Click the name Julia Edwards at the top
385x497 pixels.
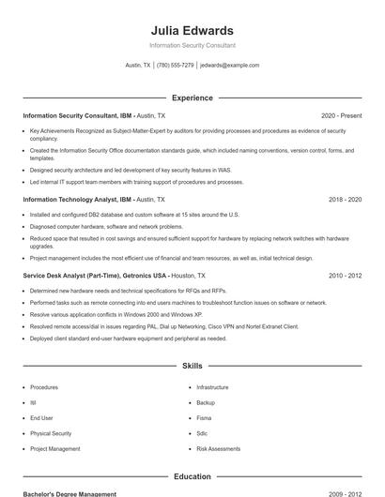coord(192,30)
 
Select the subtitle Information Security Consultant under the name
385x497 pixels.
coord(192,45)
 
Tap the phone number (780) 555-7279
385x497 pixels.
coord(176,66)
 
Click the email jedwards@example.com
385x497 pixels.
coord(230,66)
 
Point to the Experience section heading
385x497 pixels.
coord(192,98)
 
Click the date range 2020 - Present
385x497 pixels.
coord(341,115)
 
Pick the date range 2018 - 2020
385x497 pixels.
coord(345,200)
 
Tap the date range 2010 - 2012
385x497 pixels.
coord(345,276)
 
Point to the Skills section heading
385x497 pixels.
coord(192,366)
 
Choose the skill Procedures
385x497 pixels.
coord(44,387)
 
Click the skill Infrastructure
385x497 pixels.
coord(212,387)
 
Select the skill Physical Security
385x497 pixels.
coord(51,433)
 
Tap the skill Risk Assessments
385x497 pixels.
coord(218,449)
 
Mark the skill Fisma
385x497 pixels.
coord(204,418)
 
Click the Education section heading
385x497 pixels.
coord(192,476)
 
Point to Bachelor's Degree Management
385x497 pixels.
coord(69,493)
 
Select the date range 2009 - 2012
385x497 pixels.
coord(345,493)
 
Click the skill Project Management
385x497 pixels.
coord(55,449)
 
